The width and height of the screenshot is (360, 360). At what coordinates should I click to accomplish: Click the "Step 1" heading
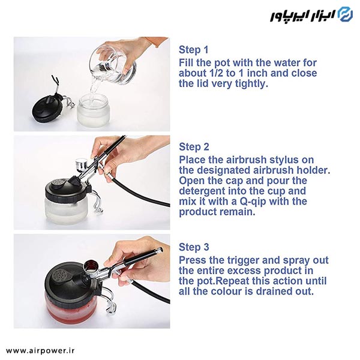[194, 50]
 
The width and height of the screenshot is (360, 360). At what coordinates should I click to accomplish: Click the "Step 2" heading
[194, 147]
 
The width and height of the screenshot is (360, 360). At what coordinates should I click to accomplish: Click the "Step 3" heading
[194, 247]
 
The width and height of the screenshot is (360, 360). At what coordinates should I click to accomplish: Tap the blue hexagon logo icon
[346, 14]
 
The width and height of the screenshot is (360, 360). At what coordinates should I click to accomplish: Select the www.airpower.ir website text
[40, 351]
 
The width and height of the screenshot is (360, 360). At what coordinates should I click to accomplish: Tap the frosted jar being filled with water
[93, 110]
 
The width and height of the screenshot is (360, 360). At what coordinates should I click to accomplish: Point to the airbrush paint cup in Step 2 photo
[82, 164]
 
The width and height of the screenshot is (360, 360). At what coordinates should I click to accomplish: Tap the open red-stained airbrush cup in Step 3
[91, 268]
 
